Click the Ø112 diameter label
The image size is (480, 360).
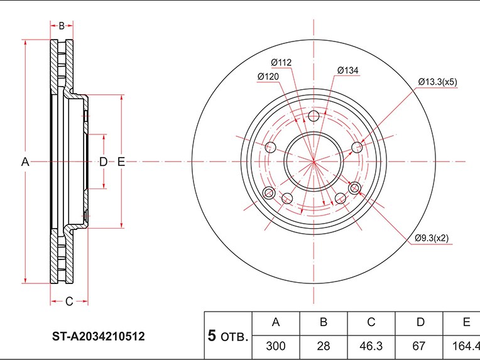[x=281, y=62]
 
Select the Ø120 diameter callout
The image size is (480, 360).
[x=268, y=77]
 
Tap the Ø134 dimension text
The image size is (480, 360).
[x=348, y=70]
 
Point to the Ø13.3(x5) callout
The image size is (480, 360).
[x=437, y=82]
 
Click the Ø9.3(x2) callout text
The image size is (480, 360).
[x=432, y=238]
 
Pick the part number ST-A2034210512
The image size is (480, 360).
[x=98, y=336]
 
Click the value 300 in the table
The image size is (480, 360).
[x=276, y=346]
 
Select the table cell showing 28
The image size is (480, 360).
[x=324, y=346]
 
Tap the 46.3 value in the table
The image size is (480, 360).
[x=371, y=346]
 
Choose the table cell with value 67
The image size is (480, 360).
[x=419, y=346]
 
